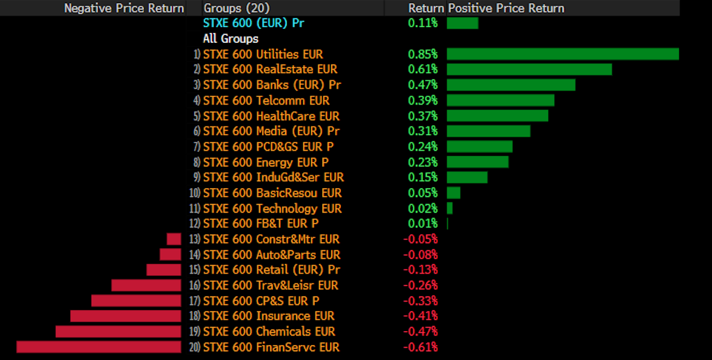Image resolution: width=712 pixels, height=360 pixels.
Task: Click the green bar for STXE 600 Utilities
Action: pos(562,54)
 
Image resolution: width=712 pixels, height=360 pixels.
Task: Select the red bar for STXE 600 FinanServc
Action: pos(98,347)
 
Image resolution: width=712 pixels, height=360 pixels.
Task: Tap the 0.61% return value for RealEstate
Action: pos(423,70)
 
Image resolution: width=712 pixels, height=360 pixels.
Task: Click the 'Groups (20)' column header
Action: pos(236,8)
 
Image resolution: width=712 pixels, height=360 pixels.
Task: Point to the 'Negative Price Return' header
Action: pos(124,8)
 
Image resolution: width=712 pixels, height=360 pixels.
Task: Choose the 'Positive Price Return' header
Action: pos(506,8)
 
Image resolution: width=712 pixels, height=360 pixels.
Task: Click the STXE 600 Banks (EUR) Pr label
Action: pos(271,85)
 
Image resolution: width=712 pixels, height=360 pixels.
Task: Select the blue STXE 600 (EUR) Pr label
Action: pos(254,23)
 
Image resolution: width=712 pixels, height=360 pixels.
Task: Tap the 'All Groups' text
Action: pos(231,39)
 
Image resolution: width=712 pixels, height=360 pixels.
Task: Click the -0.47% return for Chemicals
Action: pos(421,332)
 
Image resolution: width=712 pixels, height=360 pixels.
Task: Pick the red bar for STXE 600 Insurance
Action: pos(126,316)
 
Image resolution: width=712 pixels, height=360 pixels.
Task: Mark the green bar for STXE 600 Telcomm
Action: pos(500,100)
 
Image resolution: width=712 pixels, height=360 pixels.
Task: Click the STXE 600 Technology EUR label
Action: pos(272,209)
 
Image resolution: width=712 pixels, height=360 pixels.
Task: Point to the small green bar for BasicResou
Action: pos(453,193)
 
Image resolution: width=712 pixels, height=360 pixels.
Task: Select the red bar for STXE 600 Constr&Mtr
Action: pos(174,239)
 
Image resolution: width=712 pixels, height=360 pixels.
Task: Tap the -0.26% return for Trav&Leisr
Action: pos(421,285)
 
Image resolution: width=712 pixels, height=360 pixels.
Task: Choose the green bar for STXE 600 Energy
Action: pos(477,162)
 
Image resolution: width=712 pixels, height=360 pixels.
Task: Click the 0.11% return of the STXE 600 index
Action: pos(423,23)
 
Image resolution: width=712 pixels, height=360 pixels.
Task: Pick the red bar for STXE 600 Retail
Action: pos(164,270)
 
